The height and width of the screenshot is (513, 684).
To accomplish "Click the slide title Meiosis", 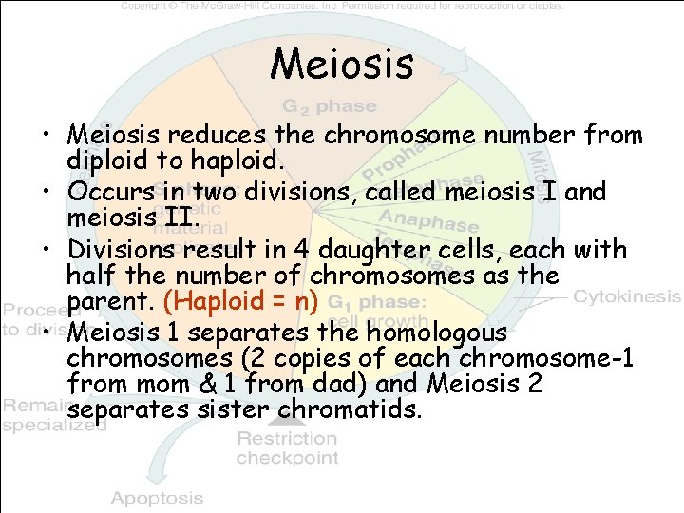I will click(x=342, y=65).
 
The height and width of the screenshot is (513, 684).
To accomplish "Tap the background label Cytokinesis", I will click(x=627, y=295).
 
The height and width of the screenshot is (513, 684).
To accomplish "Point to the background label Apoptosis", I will click(x=157, y=498).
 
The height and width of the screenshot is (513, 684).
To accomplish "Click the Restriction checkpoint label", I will click(x=287, y=447).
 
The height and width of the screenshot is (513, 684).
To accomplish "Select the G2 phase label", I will click(x=329, y=105).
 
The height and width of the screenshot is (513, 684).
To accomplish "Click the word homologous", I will click(x=434, y=334).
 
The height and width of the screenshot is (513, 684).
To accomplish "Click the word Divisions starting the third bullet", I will click(x=121, y=250).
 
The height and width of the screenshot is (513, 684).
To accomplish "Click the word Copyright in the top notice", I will click(x=149, y=5).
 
